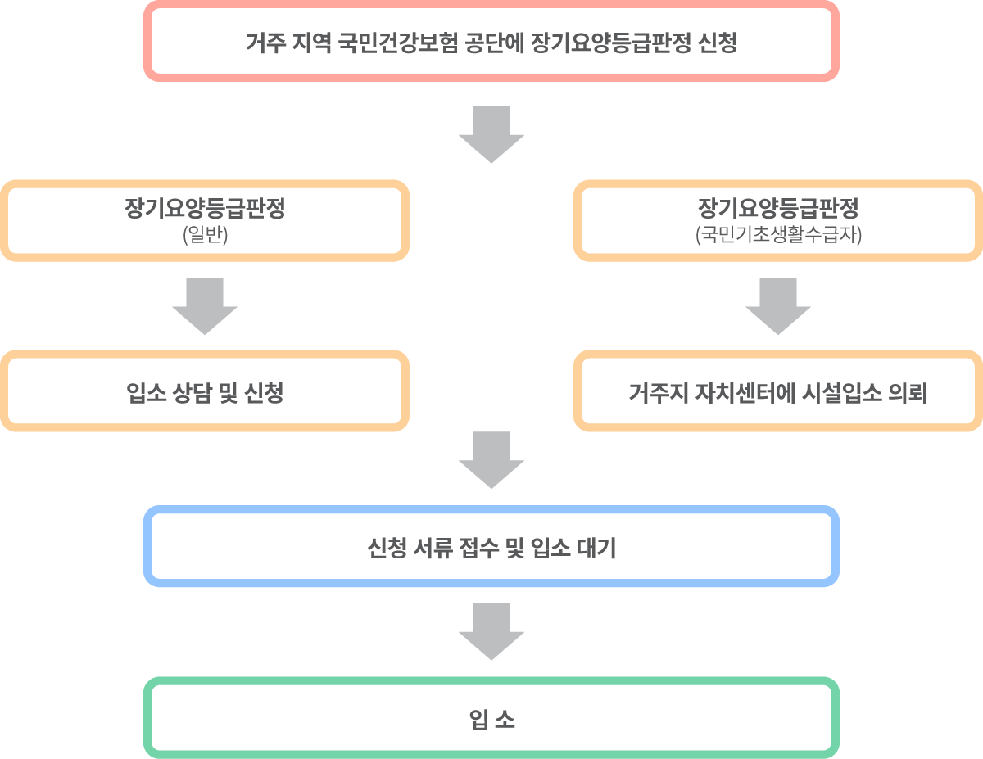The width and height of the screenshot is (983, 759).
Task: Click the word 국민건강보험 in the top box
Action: [x=398, y=43]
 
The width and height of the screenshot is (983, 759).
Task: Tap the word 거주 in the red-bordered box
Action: [x=266, y=43]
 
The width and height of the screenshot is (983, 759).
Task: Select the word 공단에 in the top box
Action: [x=495, y=43]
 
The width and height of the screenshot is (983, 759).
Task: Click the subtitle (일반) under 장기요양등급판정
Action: [x=205, y=234]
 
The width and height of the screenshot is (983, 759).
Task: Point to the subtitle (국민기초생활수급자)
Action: [x=778, y=234]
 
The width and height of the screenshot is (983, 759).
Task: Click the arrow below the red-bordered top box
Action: [x=491, y=135]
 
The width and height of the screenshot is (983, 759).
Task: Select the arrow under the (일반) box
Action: [x=205, y=306]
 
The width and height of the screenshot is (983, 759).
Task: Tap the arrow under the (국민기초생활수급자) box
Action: [x=778, y=306]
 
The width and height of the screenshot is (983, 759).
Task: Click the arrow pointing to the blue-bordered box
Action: [x=491, y=460]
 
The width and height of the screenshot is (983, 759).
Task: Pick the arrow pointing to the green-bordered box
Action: [x=491, y=631]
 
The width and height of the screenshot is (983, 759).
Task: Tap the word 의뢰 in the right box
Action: [x=908, y=392]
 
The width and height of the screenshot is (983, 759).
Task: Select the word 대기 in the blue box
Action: [x=596, y=548]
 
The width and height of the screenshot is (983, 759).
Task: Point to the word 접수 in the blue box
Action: [x=478, y=548]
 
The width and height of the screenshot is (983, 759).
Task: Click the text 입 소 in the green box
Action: [x=491, y=719]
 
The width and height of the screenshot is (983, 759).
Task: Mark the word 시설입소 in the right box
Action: [x=842, y=392]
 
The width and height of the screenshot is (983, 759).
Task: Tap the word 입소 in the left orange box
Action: [x=146, y=392]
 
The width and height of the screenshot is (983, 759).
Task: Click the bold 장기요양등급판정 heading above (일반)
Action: [x=205, y=208]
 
